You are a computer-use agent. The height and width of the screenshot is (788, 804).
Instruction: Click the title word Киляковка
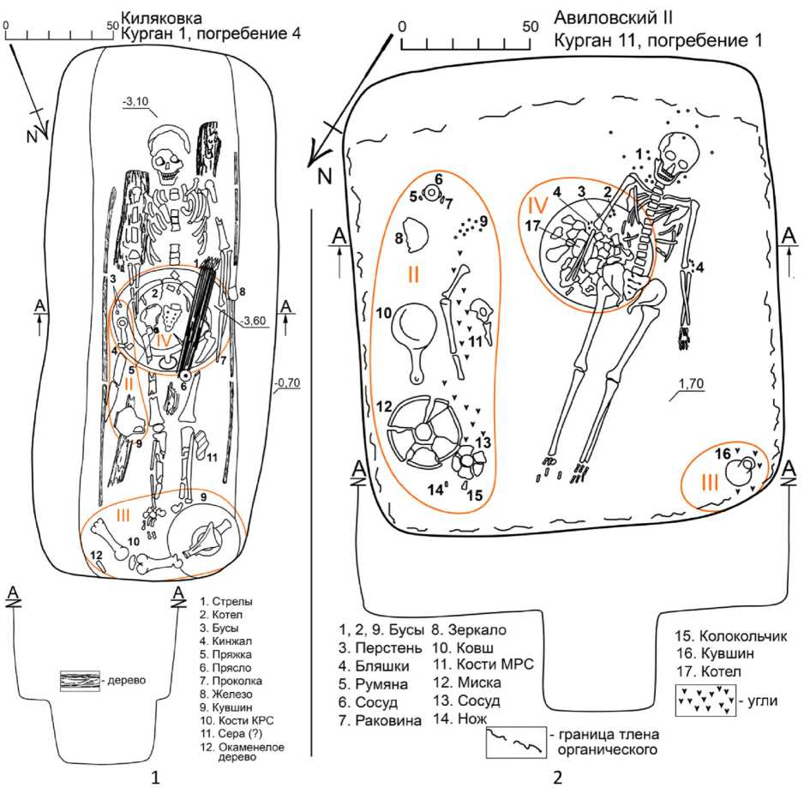point(162,15)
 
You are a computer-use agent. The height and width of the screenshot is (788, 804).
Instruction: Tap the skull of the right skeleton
point(673,154)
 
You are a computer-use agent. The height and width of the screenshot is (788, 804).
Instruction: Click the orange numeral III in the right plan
point(710,483)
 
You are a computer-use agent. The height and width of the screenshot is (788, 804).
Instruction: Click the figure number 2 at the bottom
point(557,777)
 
